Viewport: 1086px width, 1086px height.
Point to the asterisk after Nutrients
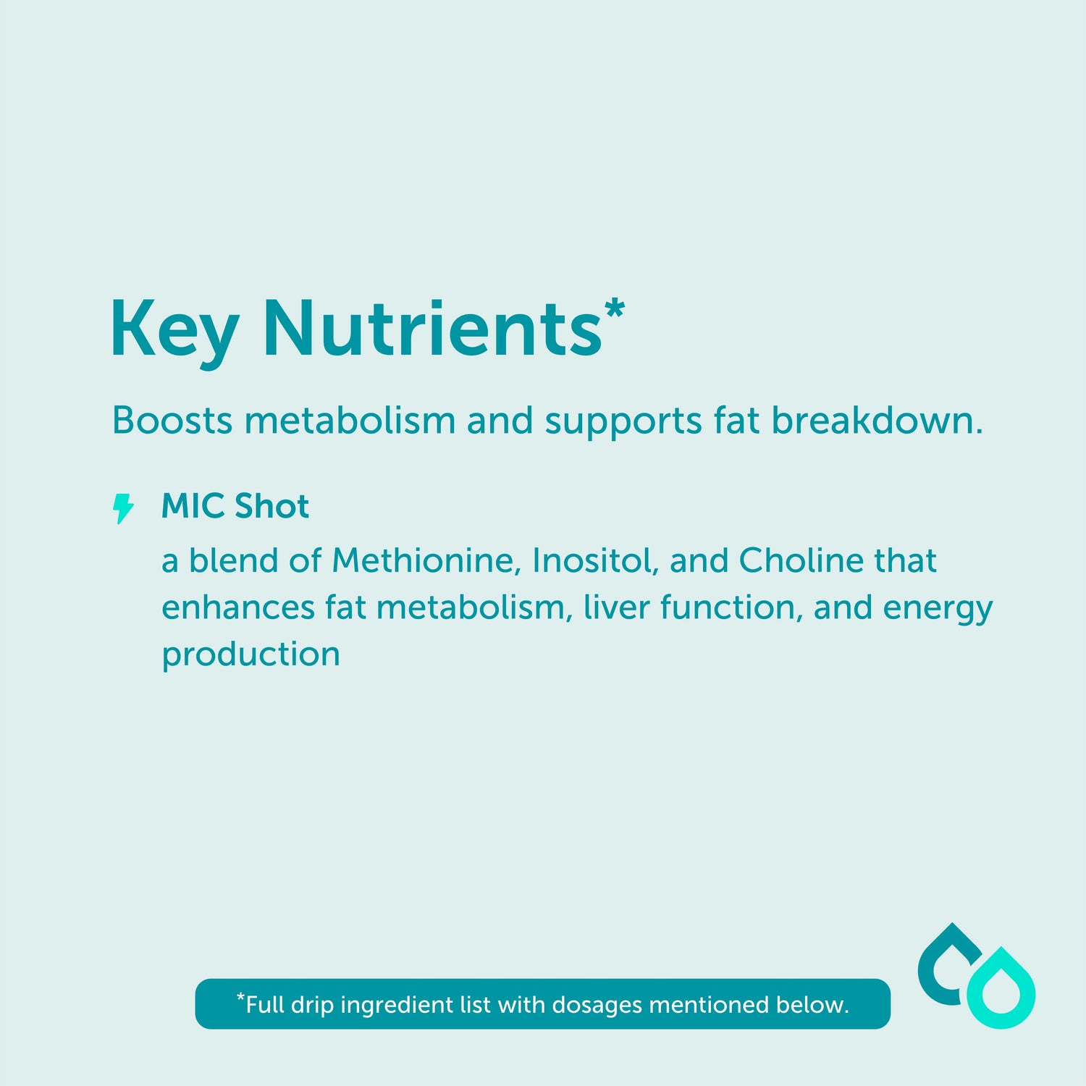[614, 308]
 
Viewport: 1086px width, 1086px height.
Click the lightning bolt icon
[123, 508]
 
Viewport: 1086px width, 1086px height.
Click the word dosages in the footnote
[597, 1006]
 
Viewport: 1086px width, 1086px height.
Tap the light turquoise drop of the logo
[1001, 988]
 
